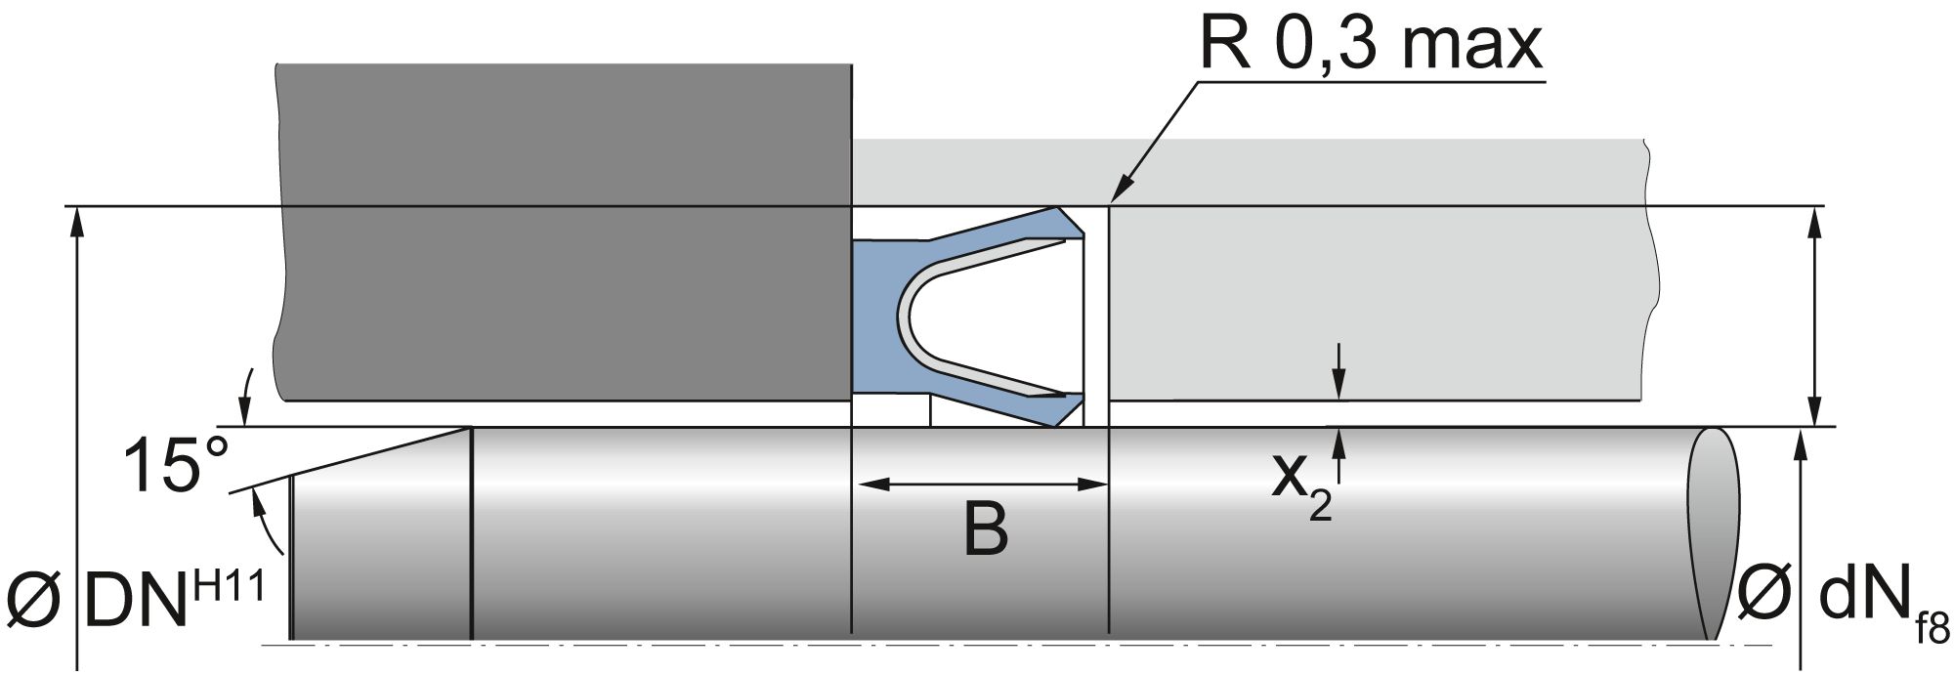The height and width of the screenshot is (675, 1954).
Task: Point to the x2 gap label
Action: tap(1300, 485)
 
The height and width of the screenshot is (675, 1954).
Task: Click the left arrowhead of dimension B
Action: tap(866, 484)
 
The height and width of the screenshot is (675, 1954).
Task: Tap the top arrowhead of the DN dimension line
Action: tap(76, 220)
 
